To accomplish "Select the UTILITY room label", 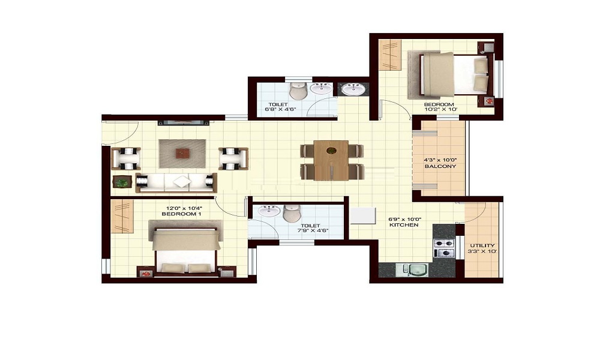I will click(x=482, y=246).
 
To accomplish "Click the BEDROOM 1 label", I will click(x=180, y=214).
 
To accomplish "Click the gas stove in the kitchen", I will click(x=444, y=248).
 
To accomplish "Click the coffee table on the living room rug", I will click(x=182, y=154).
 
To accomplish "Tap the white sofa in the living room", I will click(x=175, y=182).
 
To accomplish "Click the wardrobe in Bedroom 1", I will click(x=122, y=216).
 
